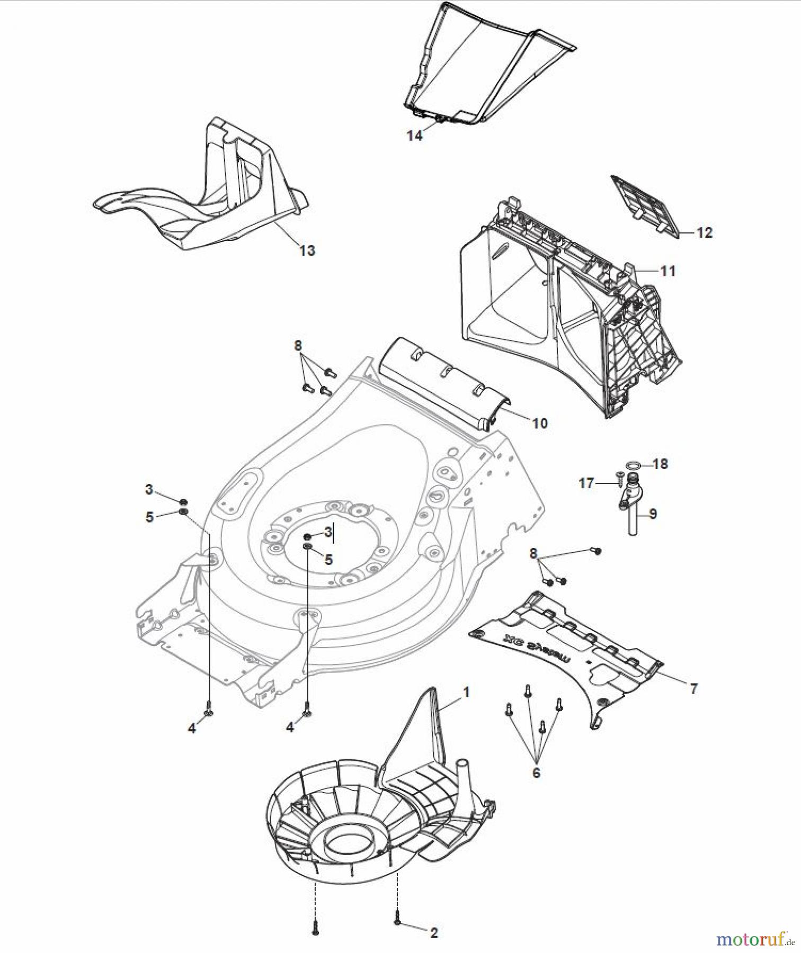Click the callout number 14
point(414,136)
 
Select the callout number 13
point(307,250)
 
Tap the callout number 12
point(704,232)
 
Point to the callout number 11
point(668,271)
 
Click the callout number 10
point(539,423)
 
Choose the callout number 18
point(660,464)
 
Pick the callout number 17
point(586,483)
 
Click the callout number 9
point(653,513)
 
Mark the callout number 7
point(693,688)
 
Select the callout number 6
point(536,772)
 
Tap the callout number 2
point(433,933)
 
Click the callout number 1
point(466,692)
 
